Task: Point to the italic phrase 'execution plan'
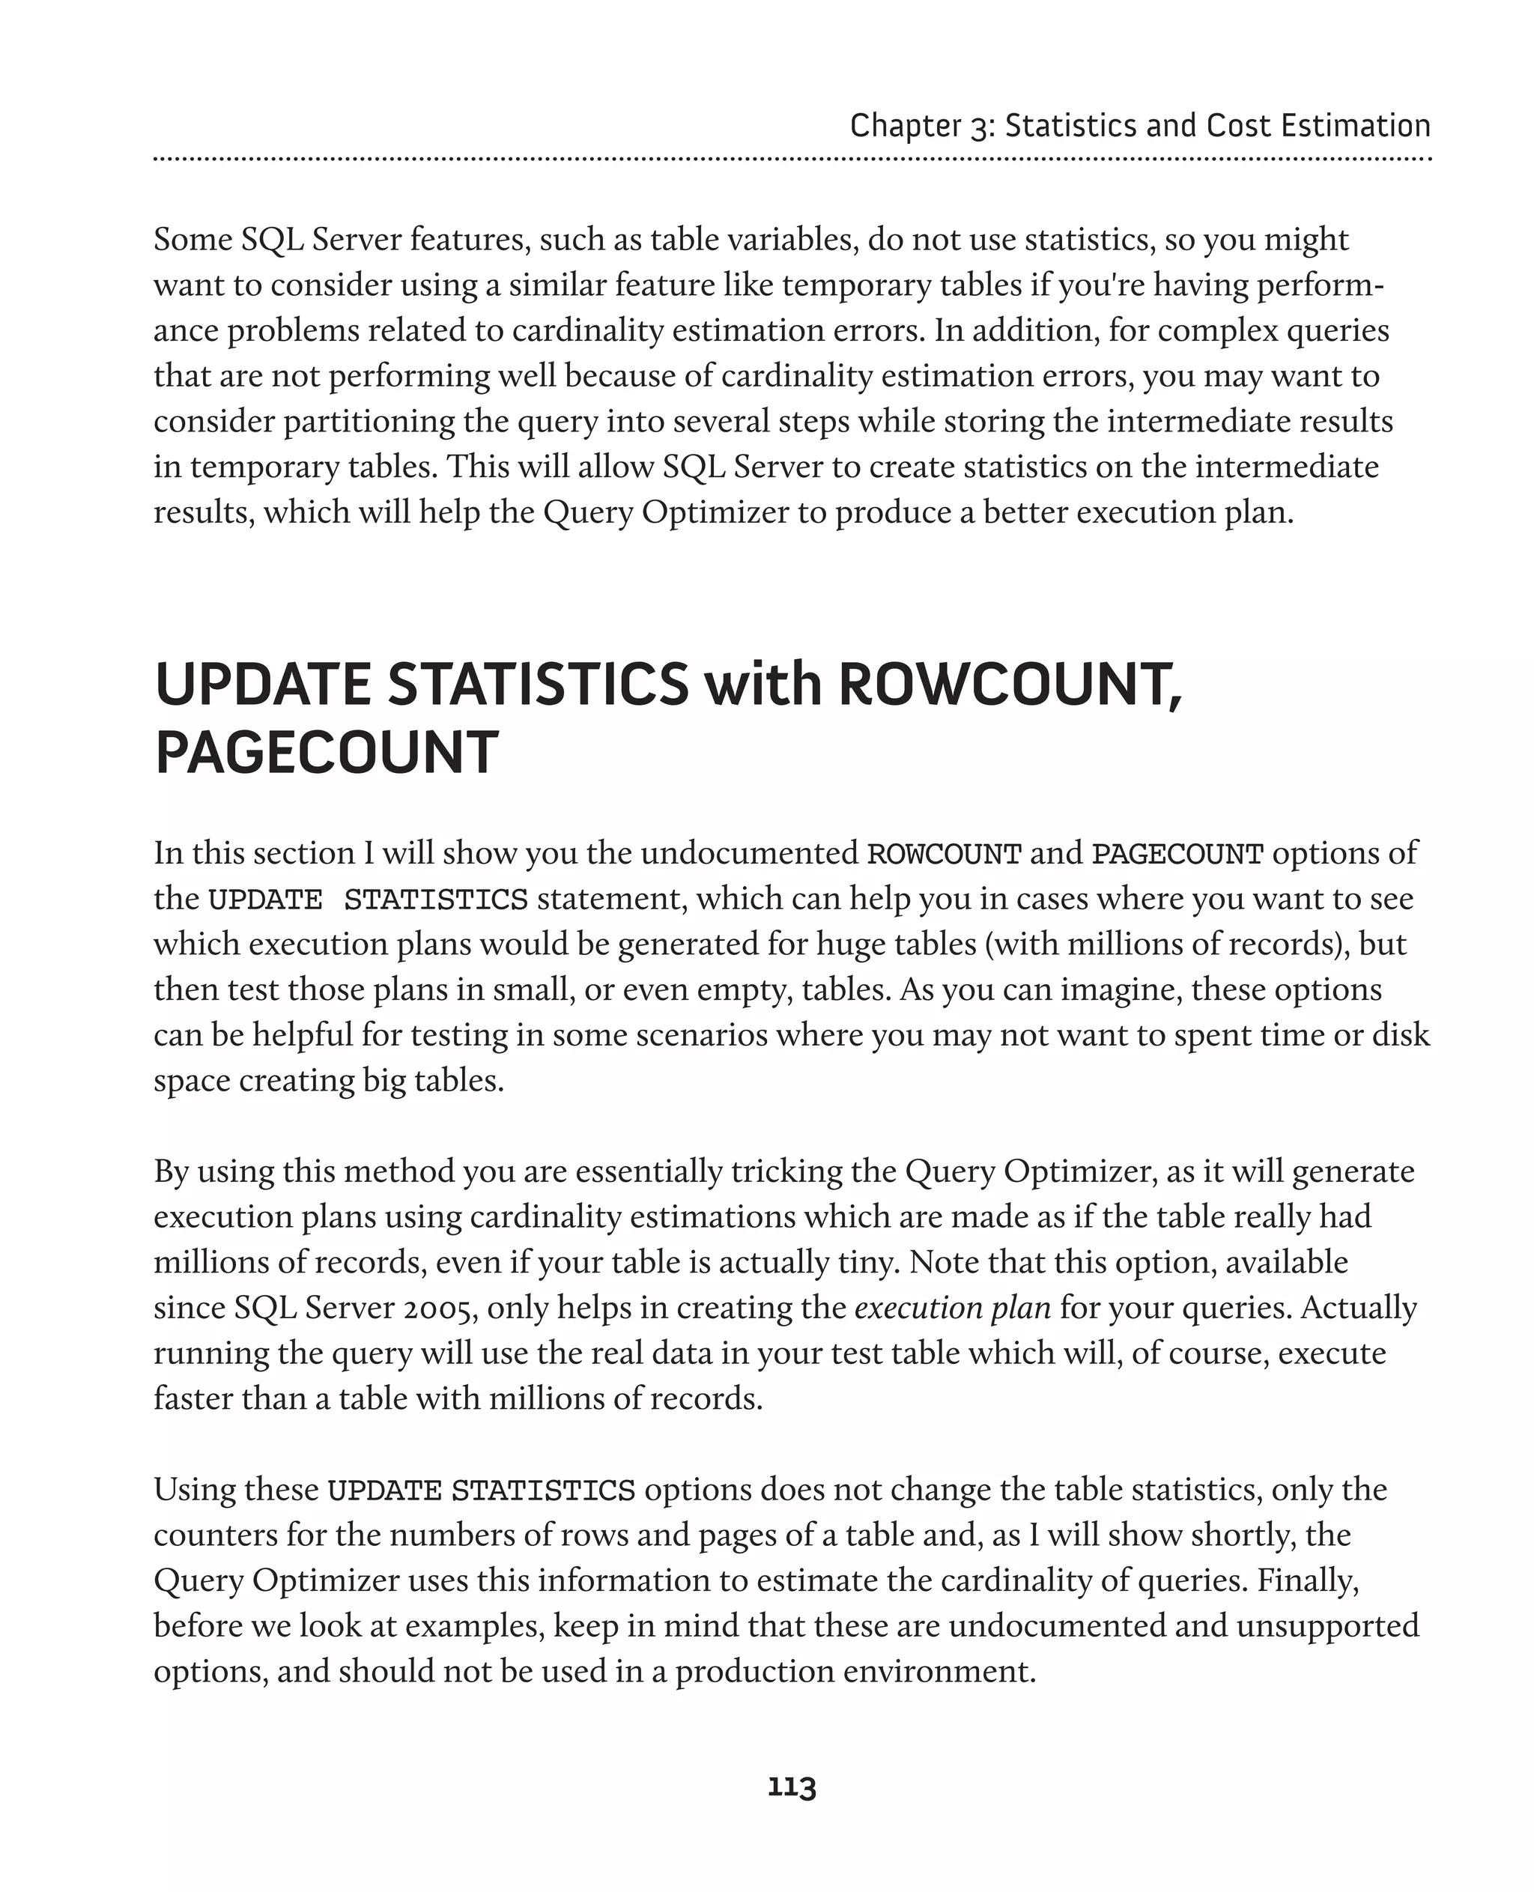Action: point(952,1307)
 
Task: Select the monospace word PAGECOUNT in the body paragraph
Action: point(1178,854)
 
